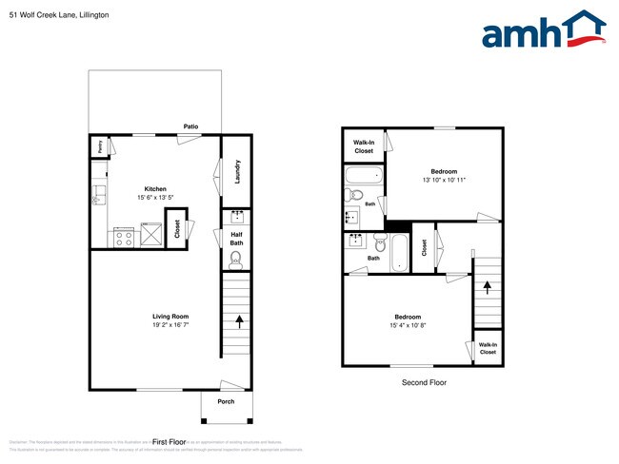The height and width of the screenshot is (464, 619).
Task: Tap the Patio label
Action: (190, 126)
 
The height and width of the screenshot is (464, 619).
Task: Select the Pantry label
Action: (98, 146)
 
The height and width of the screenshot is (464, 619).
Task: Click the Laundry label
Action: (236, 171)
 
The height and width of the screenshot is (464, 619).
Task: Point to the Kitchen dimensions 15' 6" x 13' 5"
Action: (155, 198)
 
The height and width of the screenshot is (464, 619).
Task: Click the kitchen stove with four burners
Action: (124, 236)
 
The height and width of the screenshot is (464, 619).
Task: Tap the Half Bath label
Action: (236, 239)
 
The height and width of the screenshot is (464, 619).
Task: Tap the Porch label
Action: (226, 400)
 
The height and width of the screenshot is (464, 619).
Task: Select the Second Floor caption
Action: (423, 382)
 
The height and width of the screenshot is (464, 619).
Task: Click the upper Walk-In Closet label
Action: (364, 146)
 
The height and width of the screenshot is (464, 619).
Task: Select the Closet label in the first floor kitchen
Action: (175, 229)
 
